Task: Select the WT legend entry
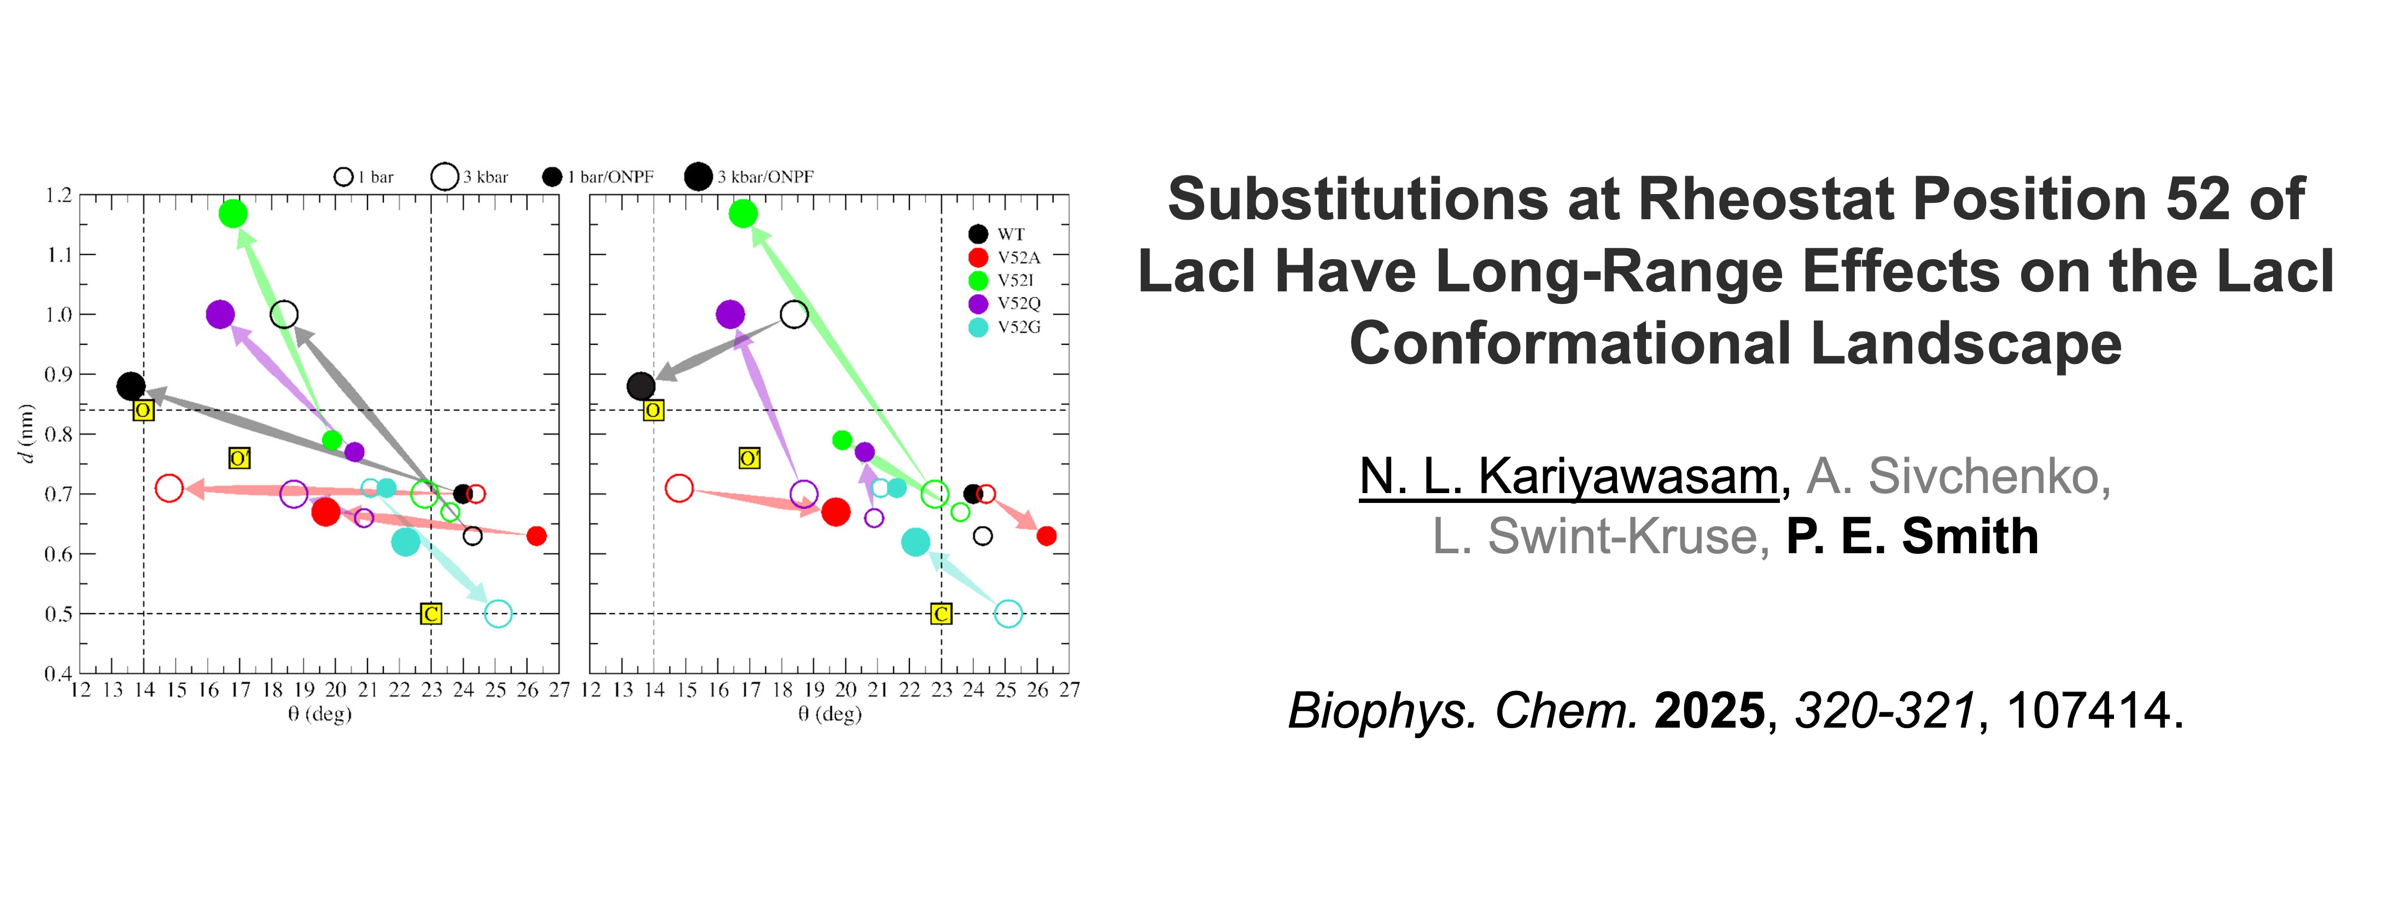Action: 997,233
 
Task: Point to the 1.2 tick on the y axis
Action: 58,195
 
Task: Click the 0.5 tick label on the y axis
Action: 58,613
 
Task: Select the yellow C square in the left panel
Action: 430,613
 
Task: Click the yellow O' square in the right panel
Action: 749,459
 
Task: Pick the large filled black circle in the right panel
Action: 641,386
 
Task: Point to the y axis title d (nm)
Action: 27,434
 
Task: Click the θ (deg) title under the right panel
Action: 830,714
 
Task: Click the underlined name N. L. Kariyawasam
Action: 1568,476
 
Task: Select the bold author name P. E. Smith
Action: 1912,536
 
